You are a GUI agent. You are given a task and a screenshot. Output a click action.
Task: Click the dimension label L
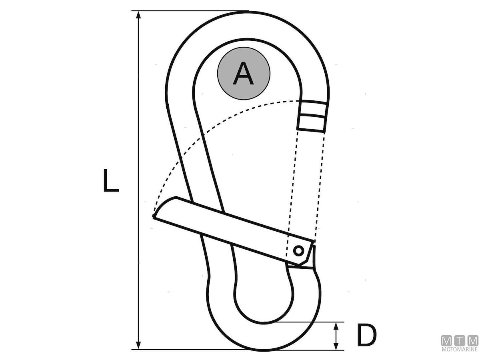tap(111, 180)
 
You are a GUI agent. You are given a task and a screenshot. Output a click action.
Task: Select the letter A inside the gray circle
tap(243, 73)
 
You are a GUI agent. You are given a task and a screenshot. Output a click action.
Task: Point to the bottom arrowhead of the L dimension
tap(138, 346)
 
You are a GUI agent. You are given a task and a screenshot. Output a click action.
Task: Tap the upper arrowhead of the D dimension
tap(336, 326)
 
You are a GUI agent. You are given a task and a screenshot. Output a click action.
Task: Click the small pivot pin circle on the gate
tap(298, 250)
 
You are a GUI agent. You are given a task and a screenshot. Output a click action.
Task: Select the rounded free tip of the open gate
tap(162, 206)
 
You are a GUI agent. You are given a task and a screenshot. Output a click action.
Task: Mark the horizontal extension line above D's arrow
tap(308, 322)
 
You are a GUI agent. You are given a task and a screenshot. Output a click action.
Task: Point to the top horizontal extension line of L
tap(190, 10)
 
